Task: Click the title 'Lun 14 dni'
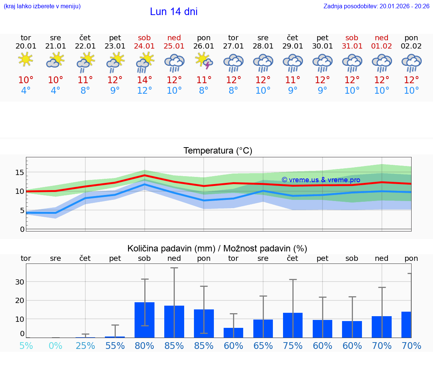(174, 12)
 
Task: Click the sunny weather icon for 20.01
(26, 59)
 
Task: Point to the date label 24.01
(144, 46)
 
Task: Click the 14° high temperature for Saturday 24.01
(144, 80)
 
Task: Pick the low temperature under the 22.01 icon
(85, 90)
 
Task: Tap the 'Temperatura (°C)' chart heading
(218, 151)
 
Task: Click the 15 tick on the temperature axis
(20, 172)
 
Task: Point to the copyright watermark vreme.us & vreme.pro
(321, 180)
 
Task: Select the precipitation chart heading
(217, 248)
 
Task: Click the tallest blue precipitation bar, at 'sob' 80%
(144, 320)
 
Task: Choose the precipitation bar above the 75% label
(293, 325)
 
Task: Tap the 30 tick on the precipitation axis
(20, 282)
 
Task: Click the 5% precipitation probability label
(26, 346)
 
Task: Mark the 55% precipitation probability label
(115, 346)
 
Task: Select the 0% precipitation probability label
(55, 346)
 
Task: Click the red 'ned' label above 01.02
(382, 38)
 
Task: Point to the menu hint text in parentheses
(42, 6)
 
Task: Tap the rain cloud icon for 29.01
(293, 62)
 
